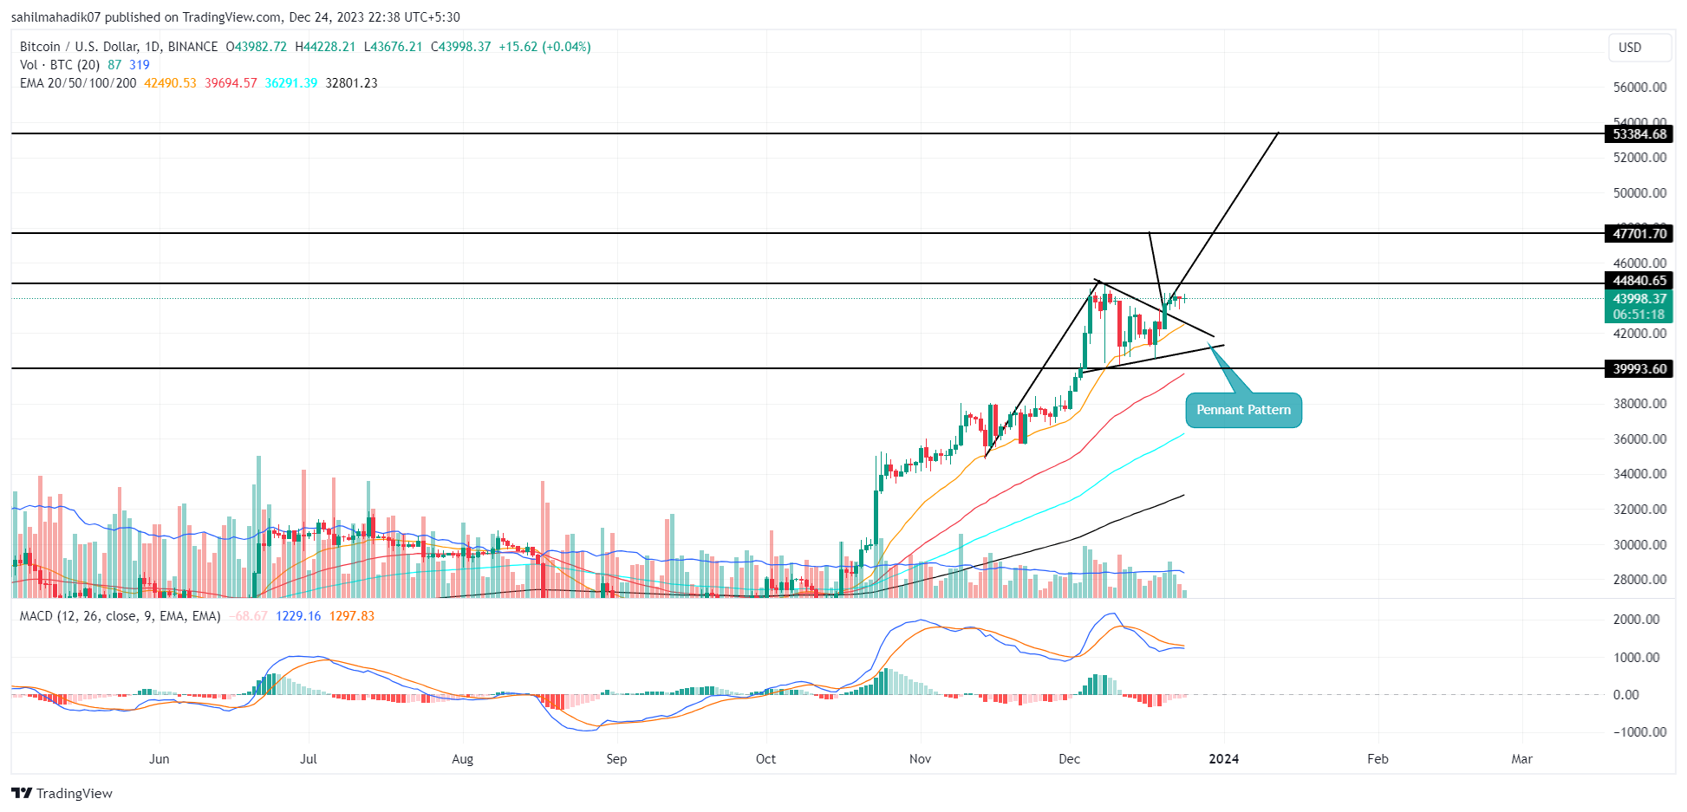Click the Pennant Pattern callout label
(1243, 410)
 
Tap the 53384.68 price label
(1638, 134)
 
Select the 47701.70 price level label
(1638, 234)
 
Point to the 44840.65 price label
(1638, 281)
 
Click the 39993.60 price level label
(1638, 369)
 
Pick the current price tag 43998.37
(1638, 299)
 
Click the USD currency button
(1630, 48)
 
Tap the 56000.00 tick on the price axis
(1639, 88)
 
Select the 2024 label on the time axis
(1223, 759)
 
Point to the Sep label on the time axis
(616, 759)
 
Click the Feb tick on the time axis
(1378, 759)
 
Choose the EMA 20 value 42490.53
(170, 83)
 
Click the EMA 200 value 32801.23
(351, 83)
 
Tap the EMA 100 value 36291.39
(291, 83)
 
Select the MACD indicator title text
(120, 616)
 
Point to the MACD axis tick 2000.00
(1637, 620)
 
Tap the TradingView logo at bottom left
(62, 794)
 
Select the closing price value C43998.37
(461, 47)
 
